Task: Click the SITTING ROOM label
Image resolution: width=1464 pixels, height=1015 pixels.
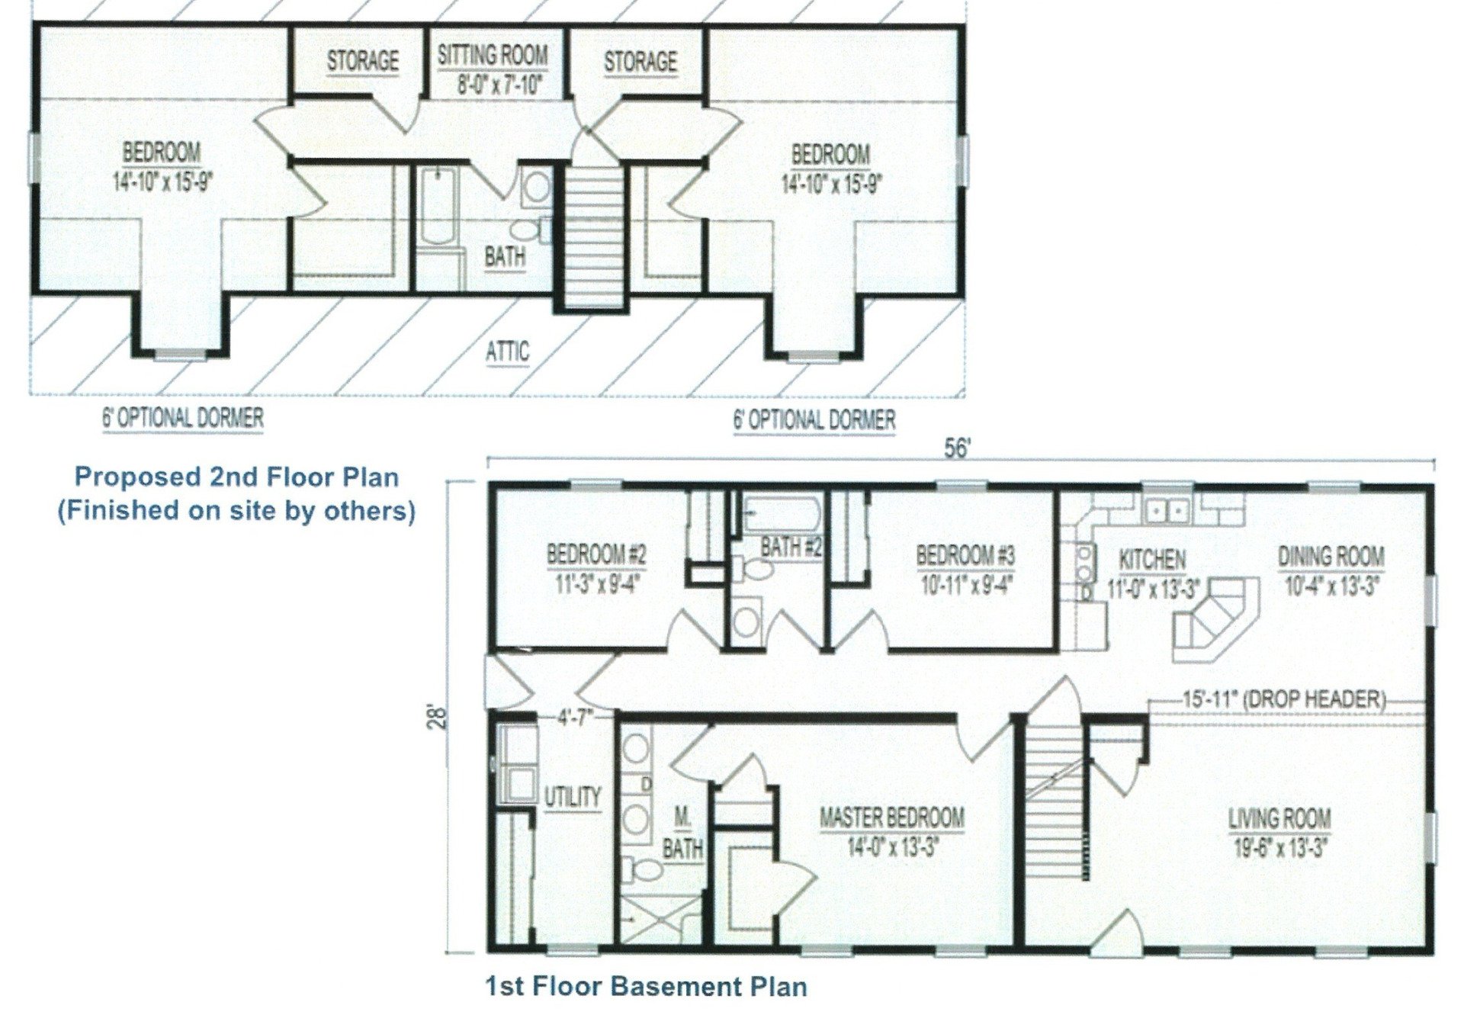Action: coord(493,56)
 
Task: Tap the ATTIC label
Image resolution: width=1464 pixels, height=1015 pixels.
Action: coord(507,352)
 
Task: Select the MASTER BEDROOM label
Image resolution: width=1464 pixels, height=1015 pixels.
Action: coord(891,818)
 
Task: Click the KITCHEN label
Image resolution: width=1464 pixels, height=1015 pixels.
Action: coord(1151,559)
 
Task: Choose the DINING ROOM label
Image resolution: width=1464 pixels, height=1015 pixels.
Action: coord(1331,556)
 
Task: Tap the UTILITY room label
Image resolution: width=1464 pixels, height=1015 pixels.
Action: coord(572,797)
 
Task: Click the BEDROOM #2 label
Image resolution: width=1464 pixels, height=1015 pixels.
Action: coord(596,554)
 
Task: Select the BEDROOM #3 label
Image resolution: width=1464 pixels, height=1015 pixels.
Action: coord(965,554)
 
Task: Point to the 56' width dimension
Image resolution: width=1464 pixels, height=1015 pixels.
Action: coord(956,449)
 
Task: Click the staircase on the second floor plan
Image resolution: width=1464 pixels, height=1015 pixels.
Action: coord(594,236)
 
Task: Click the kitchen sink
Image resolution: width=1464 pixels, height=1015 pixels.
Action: coord(1167,509)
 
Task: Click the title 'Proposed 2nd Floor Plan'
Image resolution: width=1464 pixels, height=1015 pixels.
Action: coord(236,477)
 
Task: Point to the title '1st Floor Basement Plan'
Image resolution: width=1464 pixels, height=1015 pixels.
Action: coord(646,986)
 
